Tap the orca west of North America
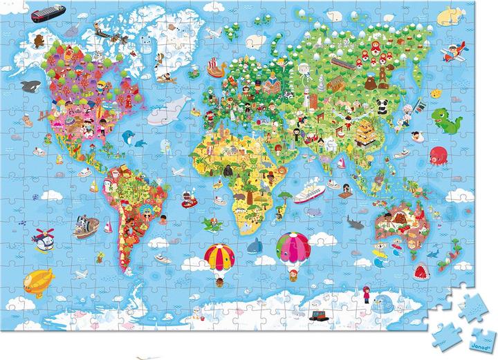tap(30, 86)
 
